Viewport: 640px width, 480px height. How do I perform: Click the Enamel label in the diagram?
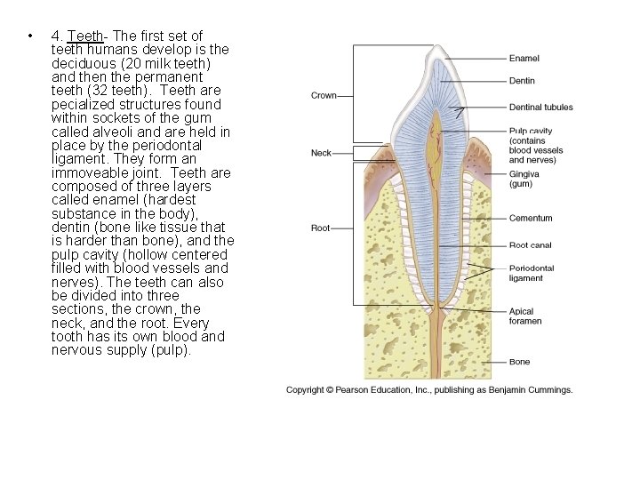click(x=524, y=59)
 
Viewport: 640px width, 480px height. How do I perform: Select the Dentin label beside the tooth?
click(x=522, y=81)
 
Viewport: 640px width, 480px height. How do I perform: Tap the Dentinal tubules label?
click(x=540, y=108)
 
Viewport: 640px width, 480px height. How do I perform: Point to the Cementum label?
click(x=531, y=219)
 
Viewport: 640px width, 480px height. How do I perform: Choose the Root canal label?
click(x=531, y=245)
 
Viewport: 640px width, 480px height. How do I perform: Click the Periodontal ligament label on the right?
click(x=532, y=273)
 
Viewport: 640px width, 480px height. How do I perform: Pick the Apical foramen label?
click(x=525, y=316)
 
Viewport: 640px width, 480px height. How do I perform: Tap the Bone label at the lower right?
click(x=519, y=362)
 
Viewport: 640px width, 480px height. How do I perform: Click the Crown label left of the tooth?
click(x=324, y=95)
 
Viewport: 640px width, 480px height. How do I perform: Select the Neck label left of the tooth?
click(x=321, y=153)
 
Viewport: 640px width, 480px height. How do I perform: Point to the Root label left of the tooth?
click(x=320, y=228)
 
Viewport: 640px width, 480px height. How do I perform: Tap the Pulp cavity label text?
click(x=531, y=131)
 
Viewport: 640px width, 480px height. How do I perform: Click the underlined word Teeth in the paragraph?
click(x=86, y=36)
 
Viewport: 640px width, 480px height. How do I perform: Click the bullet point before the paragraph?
click(x=30, y=36)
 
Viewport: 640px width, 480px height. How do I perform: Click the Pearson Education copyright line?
click(x=429, y=389)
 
